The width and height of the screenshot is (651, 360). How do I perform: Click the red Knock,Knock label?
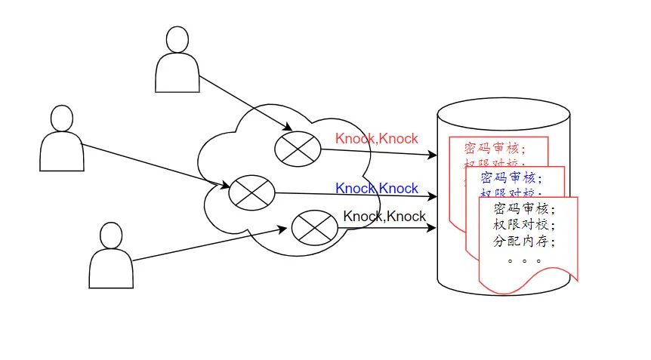point(376,139)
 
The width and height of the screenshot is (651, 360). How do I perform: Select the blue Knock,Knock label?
point(376,189)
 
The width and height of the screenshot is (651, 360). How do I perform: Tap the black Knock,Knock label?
point(384,217)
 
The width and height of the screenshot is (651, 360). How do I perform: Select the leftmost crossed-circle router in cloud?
point(251,192)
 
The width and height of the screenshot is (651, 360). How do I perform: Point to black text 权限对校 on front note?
point(523,226)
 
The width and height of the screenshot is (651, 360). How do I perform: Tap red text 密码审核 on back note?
point(494,147)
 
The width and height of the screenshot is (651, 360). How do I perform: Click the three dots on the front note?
point(523,261)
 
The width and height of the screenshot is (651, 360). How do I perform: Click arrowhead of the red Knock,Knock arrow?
point(433,155)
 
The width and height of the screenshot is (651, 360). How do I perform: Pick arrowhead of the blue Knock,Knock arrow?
point(433,197)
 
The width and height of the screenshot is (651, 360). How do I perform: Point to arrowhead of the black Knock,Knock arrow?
point(433,227)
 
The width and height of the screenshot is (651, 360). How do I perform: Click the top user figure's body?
point(177,75)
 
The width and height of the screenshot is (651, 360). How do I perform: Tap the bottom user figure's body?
point(112,269)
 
